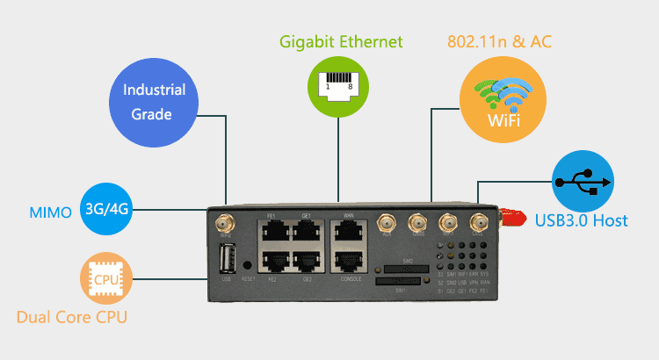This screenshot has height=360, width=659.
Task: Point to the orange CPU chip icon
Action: [106, 280]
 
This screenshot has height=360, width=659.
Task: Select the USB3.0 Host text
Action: [582, 220]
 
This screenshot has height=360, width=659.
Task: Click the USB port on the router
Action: [227, 261]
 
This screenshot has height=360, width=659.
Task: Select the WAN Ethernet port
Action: [349, 232]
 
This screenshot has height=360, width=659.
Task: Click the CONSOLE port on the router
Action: [349, 263]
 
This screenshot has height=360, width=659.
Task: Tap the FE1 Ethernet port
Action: [272, 232]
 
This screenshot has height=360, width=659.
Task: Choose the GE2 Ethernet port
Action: [308, 263]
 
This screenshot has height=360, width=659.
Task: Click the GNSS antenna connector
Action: [417, 224]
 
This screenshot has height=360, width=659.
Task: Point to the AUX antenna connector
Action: [386, 224]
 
